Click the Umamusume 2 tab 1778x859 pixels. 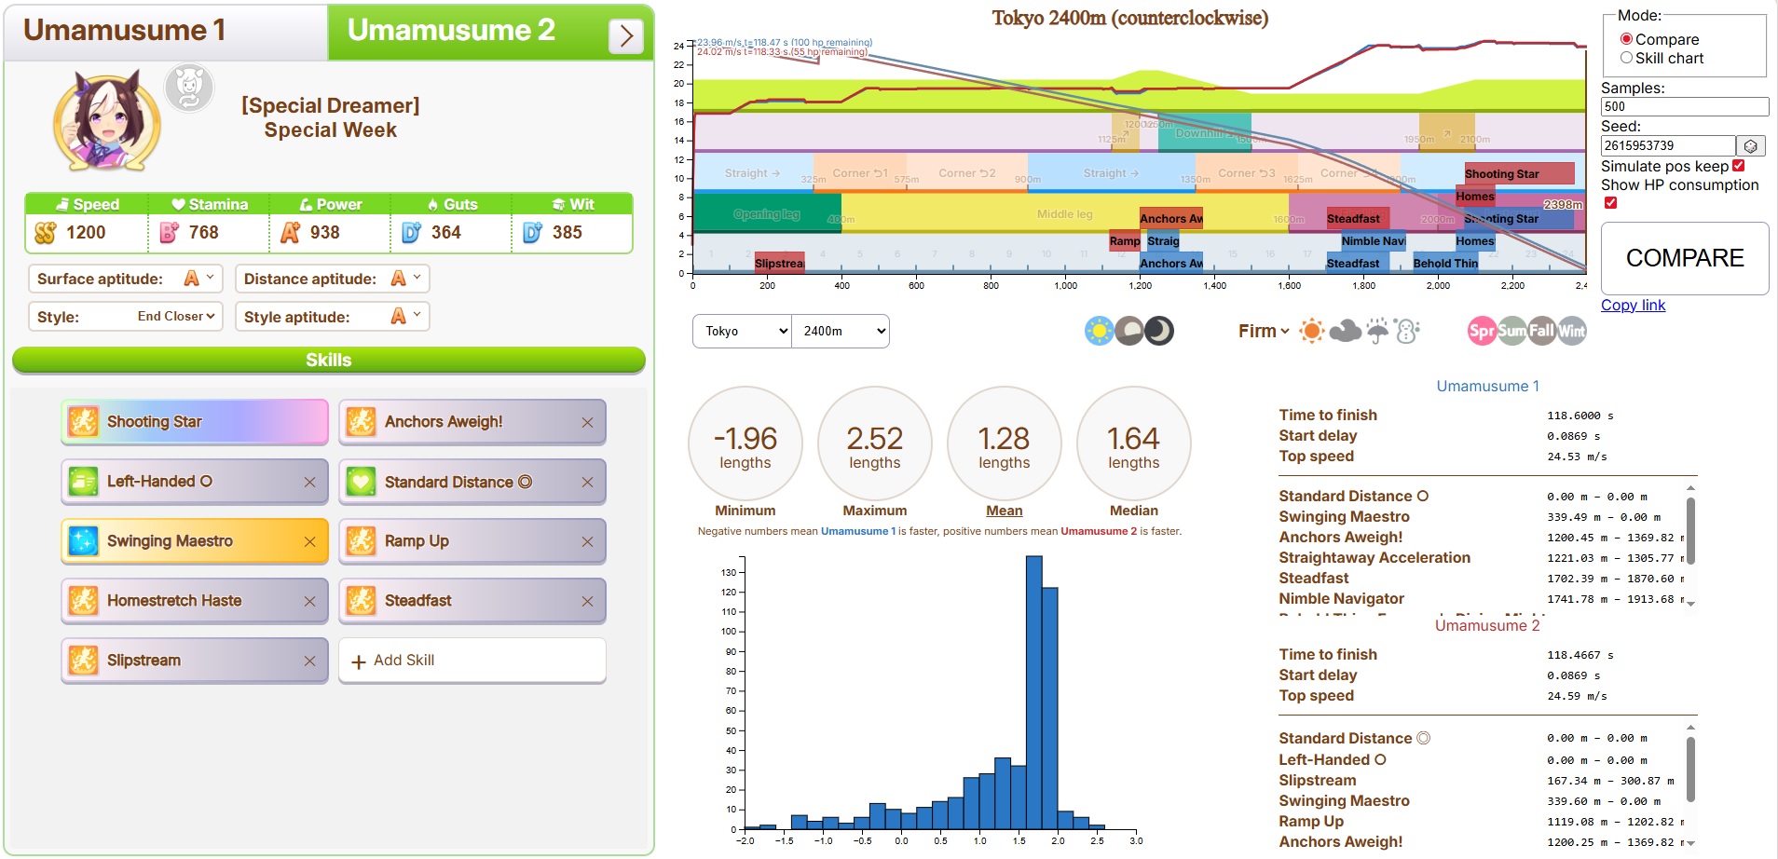coord(451,32)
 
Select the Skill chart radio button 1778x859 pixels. coord(1626,58)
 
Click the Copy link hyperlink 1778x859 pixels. coord(1633,305)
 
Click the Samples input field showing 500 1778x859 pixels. coord(1684,107)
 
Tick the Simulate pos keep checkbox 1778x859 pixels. coord(1738,166)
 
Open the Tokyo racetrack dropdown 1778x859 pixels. coord(742,331)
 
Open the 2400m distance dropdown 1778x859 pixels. coord(840,331)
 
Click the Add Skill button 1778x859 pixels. coord(472,661)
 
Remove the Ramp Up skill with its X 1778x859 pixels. coord(587,541)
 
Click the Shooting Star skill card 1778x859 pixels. coord(194,422)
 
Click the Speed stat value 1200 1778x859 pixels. coord(86,233)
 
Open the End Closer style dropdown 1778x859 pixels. coord(175,317)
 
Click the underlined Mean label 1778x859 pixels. coord(1004,511)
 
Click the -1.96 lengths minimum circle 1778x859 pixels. coord(745,443)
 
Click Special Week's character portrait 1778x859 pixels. coord(106,121)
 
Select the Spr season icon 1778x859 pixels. coord(1481,331)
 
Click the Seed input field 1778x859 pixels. coord(1667,146)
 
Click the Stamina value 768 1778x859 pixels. coord(203,233)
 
